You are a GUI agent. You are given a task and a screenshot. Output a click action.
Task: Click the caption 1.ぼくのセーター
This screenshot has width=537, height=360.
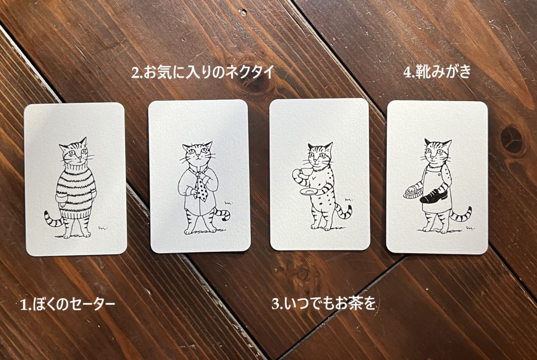point(67,304)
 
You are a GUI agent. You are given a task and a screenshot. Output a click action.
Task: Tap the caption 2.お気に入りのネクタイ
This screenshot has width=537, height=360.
point(203,72)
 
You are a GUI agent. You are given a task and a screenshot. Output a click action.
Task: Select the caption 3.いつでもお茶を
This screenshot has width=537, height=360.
point(324,304)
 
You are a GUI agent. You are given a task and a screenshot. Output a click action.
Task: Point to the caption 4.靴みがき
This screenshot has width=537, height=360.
point(437,72)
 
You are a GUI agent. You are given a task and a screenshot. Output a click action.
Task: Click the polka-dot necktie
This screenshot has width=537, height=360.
point(201,187)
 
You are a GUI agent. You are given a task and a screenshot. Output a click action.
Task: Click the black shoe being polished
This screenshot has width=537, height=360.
point(434,196)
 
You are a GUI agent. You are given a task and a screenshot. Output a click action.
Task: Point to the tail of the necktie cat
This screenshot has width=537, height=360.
point(222,213)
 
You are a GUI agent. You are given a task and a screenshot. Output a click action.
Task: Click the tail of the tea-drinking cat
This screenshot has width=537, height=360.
point(344,211)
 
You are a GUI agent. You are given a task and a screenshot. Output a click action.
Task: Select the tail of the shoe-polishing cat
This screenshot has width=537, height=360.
point(461,214)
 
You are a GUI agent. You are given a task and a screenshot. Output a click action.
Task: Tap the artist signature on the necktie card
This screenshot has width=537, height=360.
point(228,203)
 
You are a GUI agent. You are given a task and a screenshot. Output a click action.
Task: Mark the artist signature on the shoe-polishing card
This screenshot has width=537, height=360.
point(471,227)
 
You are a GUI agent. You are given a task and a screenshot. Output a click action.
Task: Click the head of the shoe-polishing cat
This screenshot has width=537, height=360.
point(437,151)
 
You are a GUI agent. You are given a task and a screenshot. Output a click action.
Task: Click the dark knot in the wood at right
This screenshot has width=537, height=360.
point(512,140)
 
